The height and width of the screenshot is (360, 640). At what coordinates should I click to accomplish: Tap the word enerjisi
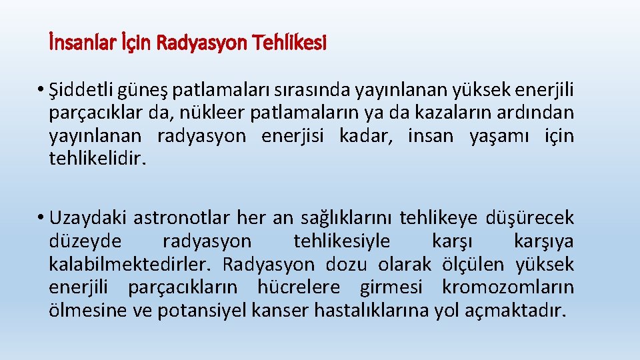tap(293, 137)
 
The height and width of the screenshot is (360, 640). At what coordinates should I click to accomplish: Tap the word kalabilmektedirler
tap(130, 265)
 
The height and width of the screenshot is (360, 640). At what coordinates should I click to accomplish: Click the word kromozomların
tap(507, 287)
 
